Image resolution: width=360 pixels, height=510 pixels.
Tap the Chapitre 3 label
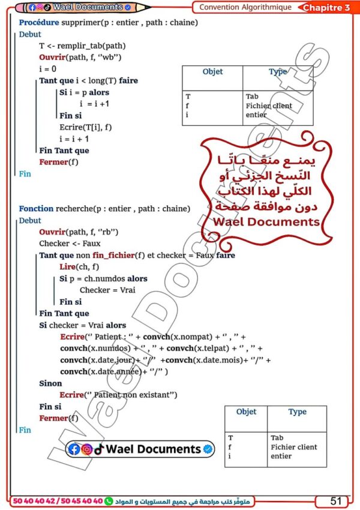pyautogui.click(x=326, y=8)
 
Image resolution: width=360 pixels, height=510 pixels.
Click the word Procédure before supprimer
pyautogui.click(x=37, y=23)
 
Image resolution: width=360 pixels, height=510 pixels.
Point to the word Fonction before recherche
pyautogui.click(x=36, y=209)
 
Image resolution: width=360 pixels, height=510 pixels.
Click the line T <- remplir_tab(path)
pyautogui.click(x=82, y=46)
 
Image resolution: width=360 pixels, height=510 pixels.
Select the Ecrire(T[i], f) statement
pyautogui.click(x=86, y=127)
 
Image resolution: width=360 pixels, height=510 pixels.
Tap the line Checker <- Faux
pyautogui.click(x=70, y=244)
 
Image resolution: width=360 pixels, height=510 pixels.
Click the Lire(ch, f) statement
pyautogui.click(x=79, y=267)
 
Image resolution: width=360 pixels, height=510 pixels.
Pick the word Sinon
pyautogui.click(x=50, y=383)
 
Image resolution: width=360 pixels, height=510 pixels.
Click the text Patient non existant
pyautogui.click(x=131, y=395)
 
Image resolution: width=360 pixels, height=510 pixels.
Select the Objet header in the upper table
pyautogui.click(x=212, y=71)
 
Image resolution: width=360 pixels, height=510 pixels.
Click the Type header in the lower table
pyautogui.click(x=297, y=412)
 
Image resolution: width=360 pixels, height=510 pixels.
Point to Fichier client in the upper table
pyautogui.click(x=269, y=106)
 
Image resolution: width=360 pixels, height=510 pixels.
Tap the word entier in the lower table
pyautogui.click(x=281, y=456)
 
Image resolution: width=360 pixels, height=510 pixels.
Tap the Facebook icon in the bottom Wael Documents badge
pyautogui.click(x=74, y=449)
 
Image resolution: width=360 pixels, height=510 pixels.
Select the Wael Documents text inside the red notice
pyautogui.click(x=266, y=221)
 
